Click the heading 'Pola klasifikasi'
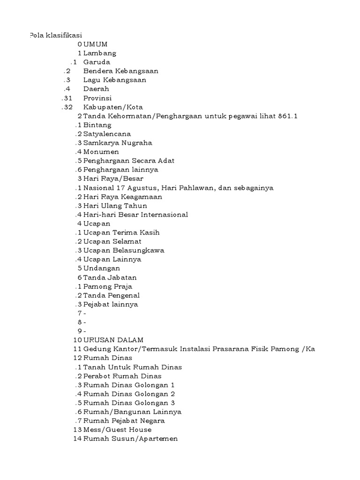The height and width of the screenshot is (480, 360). [55, 35]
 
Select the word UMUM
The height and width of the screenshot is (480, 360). [96, 44]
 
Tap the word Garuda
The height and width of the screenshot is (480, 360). [97, 62]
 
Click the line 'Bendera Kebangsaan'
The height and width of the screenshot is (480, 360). [120, 71]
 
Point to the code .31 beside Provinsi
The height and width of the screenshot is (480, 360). [67, 98]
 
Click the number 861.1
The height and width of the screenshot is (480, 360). [288, 116]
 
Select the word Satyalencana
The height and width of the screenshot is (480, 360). [107, 134]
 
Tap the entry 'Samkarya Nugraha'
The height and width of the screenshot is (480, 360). [118, 142]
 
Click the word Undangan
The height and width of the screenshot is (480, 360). [102, 268]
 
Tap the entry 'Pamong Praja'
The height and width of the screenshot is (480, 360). [108, 286]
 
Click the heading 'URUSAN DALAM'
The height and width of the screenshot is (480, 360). [113, 340]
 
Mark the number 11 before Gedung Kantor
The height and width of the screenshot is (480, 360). [77, 349]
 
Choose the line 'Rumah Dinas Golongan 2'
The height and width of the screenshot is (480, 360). [129, 394]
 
